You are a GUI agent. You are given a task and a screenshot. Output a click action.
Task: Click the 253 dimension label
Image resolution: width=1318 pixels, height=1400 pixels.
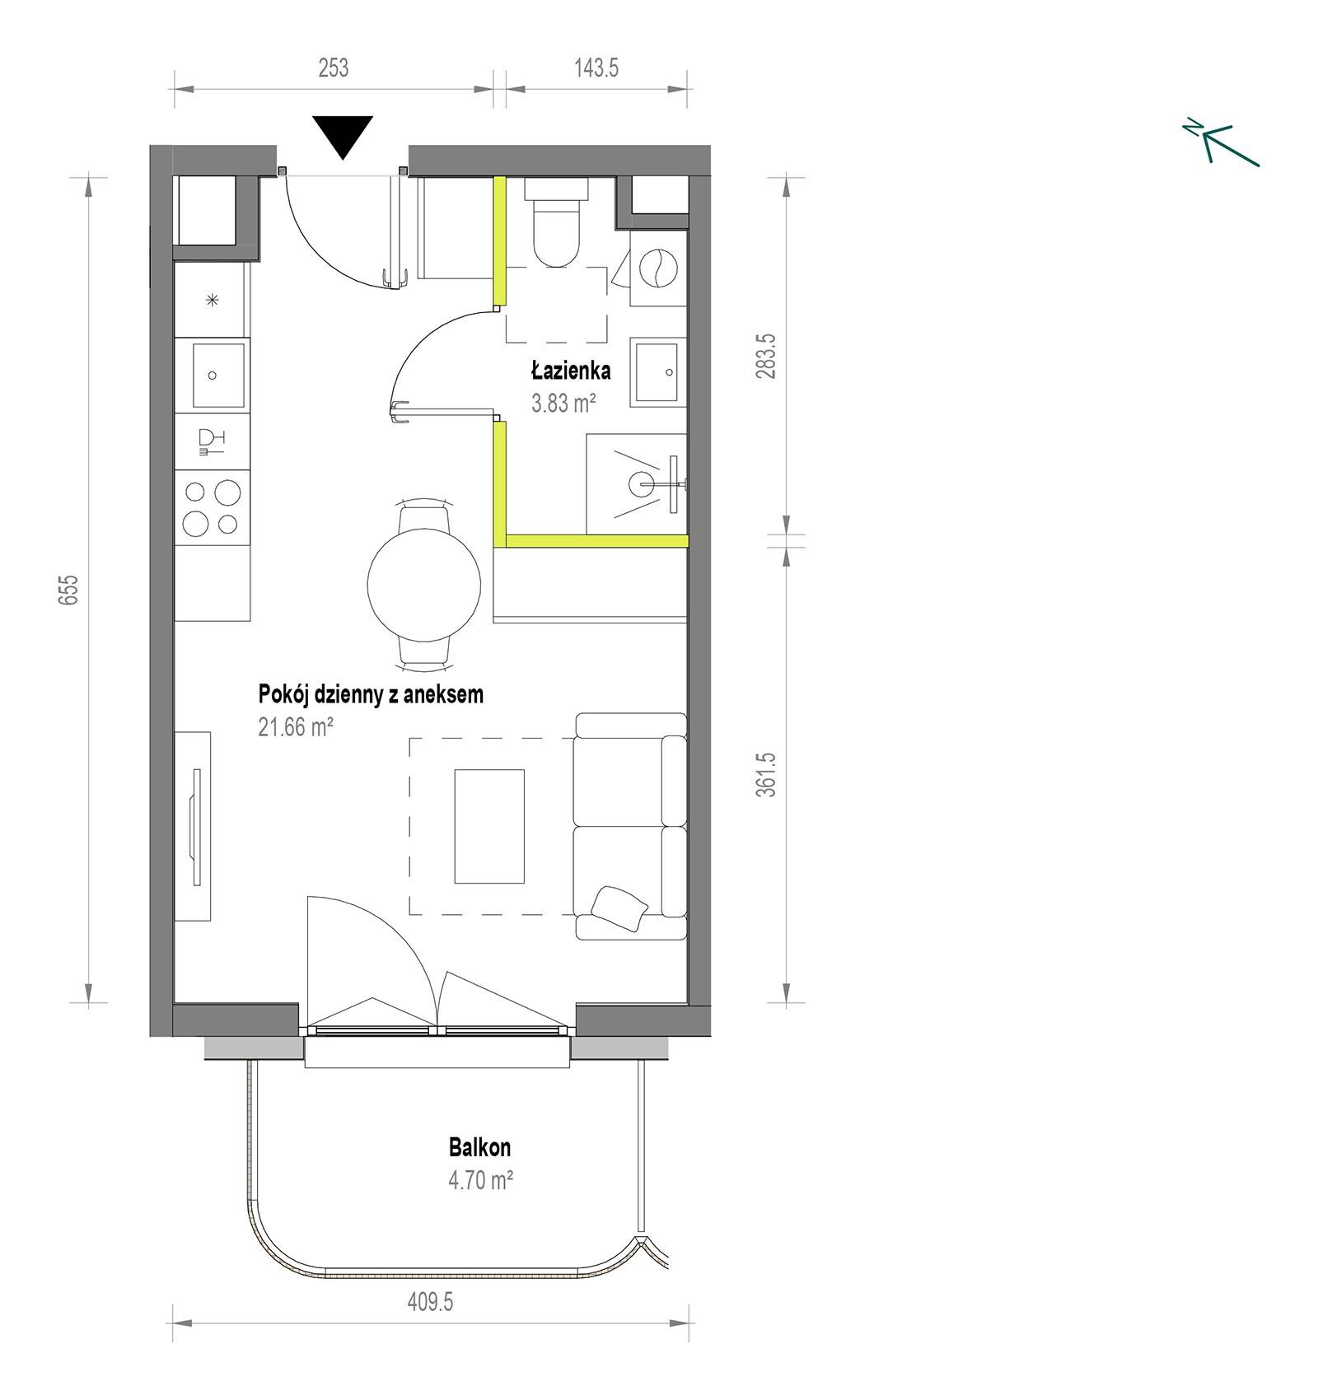coord(334,68)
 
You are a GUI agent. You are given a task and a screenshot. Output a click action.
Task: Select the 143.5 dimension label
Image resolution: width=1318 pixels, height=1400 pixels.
coord(596,68)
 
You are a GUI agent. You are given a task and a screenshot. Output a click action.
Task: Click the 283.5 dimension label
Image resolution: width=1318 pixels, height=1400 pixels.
coord(767,356)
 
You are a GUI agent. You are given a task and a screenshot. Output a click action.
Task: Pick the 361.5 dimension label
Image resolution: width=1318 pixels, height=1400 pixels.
coord(767,774)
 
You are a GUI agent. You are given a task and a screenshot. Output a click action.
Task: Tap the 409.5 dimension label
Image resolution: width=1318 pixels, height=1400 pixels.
coord(430,1302)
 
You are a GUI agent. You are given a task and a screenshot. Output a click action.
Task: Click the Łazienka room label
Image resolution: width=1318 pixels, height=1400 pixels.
coord(571,371)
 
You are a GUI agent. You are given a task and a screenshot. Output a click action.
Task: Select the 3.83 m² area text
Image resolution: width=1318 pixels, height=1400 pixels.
coord(564,404)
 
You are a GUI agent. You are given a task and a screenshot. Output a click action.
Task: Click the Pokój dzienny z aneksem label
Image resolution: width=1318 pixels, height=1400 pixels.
coord(371,694)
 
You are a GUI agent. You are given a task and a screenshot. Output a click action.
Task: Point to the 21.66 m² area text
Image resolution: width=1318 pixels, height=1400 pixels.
coord(296,727)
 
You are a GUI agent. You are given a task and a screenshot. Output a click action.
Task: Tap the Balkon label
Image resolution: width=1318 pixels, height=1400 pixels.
coord(479,1147)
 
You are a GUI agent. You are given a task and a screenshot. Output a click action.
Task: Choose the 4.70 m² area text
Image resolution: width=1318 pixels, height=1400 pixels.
coord(481,1180)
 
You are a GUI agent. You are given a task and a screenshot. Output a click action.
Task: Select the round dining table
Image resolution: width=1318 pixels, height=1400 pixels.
coord(424,584)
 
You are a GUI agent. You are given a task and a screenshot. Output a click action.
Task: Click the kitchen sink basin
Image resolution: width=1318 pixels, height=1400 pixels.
coord(218,376)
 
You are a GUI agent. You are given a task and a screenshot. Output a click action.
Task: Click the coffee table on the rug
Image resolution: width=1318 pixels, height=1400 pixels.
coord(489,826)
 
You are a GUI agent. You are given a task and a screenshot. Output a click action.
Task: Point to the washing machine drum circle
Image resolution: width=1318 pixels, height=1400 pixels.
coord(659,268)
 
